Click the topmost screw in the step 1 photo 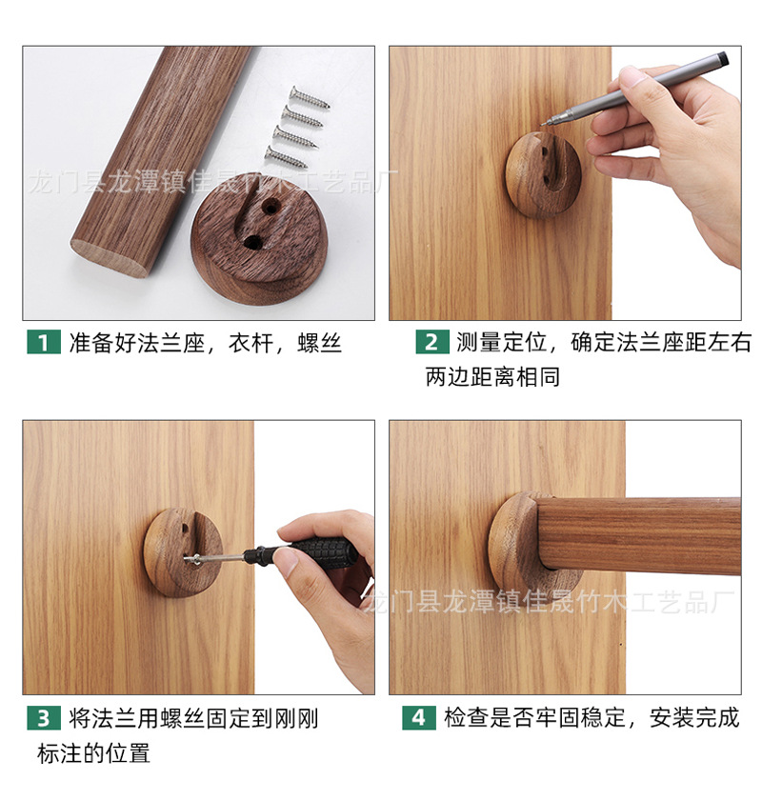pyautogui.click(x=309, y=97)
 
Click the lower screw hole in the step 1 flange pyautogui.click(x=252, y=242)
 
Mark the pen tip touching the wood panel pyautogui.click(x=544, y=123)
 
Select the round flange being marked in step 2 pyautogui.click(x=542, y=175)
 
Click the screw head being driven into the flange pyautogui.click(x=194, y=558)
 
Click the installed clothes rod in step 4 pyautogui.click(x=638, y=534)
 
